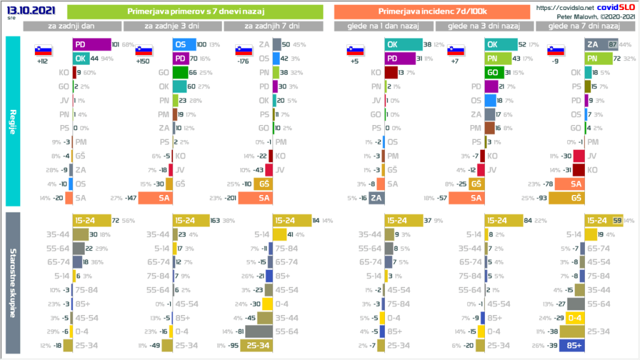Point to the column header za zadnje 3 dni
pyautogui.click(x=172, y=26)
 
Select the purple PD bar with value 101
pyautogui.click(x=91, y=44)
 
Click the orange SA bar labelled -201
pyautogui.click(x=256, y=198)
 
